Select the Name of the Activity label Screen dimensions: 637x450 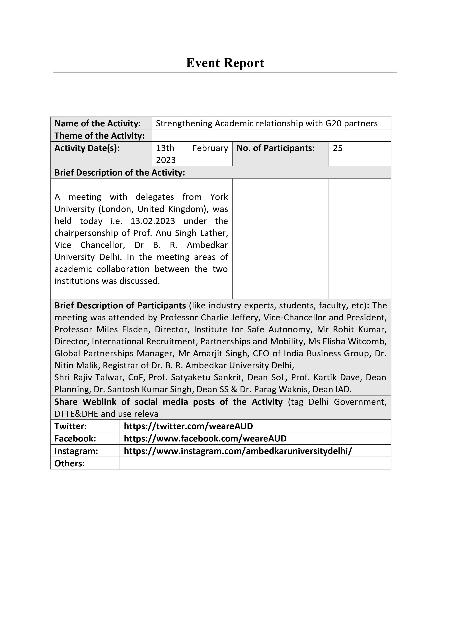(98, 123)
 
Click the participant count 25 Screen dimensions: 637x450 (338, 148)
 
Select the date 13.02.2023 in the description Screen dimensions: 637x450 (153, 221)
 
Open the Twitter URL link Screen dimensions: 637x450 (188, 426)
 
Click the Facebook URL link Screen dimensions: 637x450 (205, 438)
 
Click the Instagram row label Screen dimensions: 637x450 (76, 451)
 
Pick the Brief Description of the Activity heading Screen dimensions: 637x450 (120, 173)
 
